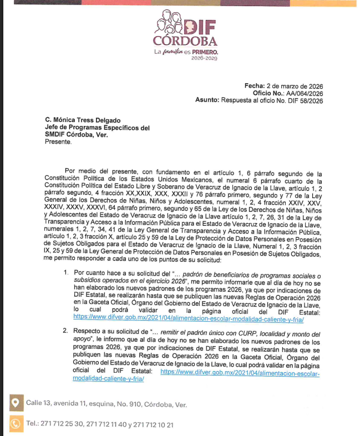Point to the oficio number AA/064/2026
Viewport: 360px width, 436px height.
(303, 94)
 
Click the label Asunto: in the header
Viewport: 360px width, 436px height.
(207, 101)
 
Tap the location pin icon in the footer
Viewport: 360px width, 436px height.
(15, 403)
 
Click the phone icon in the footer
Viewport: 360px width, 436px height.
(15, 424)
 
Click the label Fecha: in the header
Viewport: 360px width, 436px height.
(254, 87)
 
